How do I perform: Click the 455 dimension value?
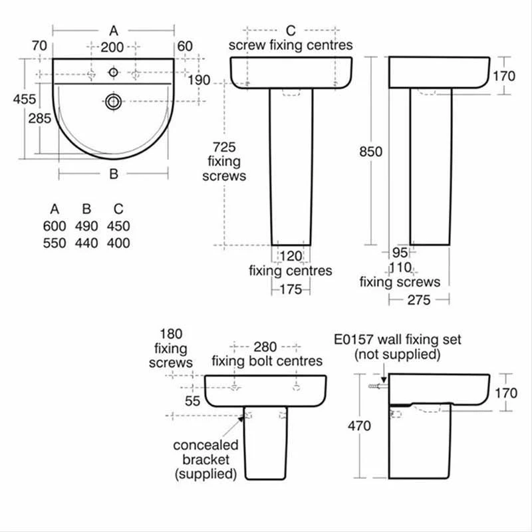coord(25,98)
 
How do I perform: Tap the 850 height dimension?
coord(370,152)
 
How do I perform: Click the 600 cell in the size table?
coord(54,226)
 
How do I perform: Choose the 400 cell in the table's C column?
coord(118,243)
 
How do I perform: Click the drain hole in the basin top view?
coord(114,101)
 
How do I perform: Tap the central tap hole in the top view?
coord(114,71)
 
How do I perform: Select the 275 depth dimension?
coord(418,301)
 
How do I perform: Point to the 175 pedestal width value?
coord(291,289)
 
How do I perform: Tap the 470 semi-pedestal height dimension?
coord(358,427)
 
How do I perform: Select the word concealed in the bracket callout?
coord(205,445)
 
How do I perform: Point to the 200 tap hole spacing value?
coord(113,47)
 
